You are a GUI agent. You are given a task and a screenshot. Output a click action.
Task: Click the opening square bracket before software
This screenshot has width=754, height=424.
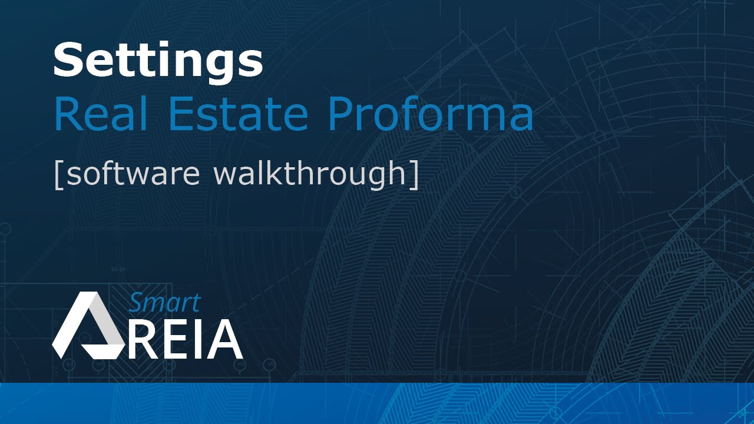tap(58, 174)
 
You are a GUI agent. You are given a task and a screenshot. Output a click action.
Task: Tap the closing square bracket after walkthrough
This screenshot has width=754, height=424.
tap(414, 174)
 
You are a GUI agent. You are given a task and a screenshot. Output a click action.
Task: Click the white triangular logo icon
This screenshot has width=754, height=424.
tap(88, 327)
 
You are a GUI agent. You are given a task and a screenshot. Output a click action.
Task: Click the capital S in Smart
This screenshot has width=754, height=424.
tap(137, 302)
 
